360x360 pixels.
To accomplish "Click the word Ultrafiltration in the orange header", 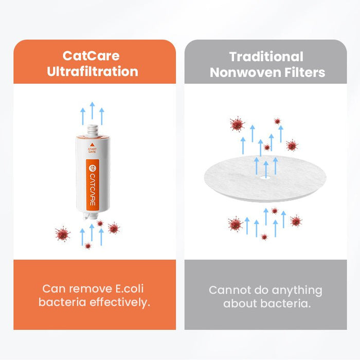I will pyautogui.click(x=93, y=71).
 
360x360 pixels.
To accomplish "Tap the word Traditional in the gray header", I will pyautogui.click(x=266, y=57).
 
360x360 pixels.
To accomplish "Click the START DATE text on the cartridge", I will pyautogui.click(x=92, y=151).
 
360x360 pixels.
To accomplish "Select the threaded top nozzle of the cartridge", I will pyautogui.click(x=92, y=129).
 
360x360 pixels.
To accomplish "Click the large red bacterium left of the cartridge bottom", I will pyautogui.click(x=63, y=234).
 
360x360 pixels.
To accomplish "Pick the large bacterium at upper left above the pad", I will pyautogui.click(x=237, y=124).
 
